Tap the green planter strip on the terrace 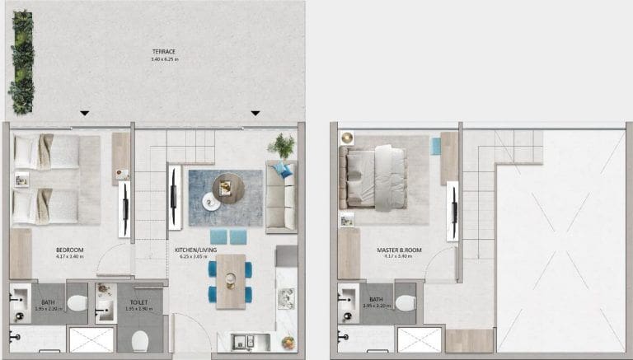pyautogui.click(x=22, y=62)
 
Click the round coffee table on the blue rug pyautogui.click(x=225, y=188)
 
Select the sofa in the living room pyautogui.click(x=280, y=196)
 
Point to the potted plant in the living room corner pyautogui.click(x=282, y=146)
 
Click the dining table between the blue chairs pyautogui.click(x=231, y=280)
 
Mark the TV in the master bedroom pyautogui.click(x=452, y=210)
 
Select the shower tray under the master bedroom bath pyautogui.click(x=419, y=339)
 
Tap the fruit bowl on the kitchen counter pyautogui.click(x=288, y=342)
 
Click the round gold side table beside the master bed pyautogui.click(x=347, y=138)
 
